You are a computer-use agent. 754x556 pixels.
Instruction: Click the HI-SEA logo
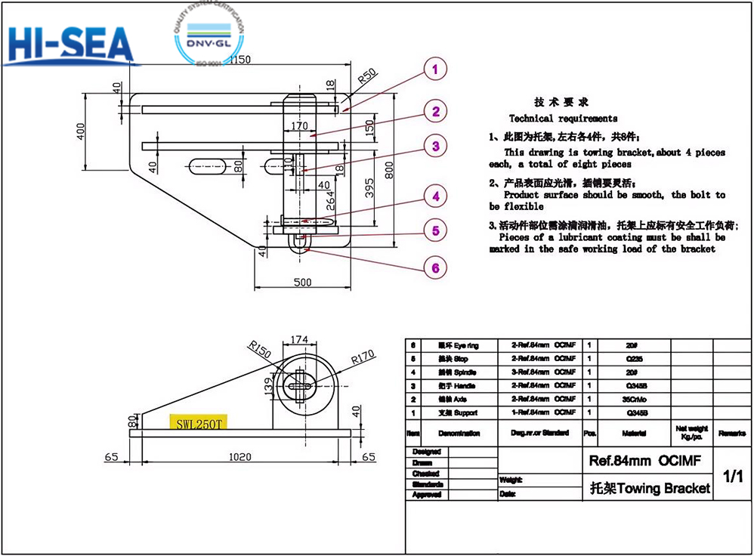click(x=69, y=47)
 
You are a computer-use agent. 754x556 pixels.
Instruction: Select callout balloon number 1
click(x=434, y=70)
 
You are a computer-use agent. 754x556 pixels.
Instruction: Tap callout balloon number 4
click(x=435, y=197)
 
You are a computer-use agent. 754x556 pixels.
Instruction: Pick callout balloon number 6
click(x=435, y=267)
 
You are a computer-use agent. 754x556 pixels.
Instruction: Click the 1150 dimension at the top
click(x=239, y=60)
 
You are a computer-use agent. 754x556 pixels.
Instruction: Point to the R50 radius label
click(x=366, y=76)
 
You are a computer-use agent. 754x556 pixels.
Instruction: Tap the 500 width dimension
click(x=301, y=283)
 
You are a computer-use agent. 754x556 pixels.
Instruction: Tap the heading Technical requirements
click(x=563, y=119)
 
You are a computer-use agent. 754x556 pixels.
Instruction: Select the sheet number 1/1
click(x=733, y=476)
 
